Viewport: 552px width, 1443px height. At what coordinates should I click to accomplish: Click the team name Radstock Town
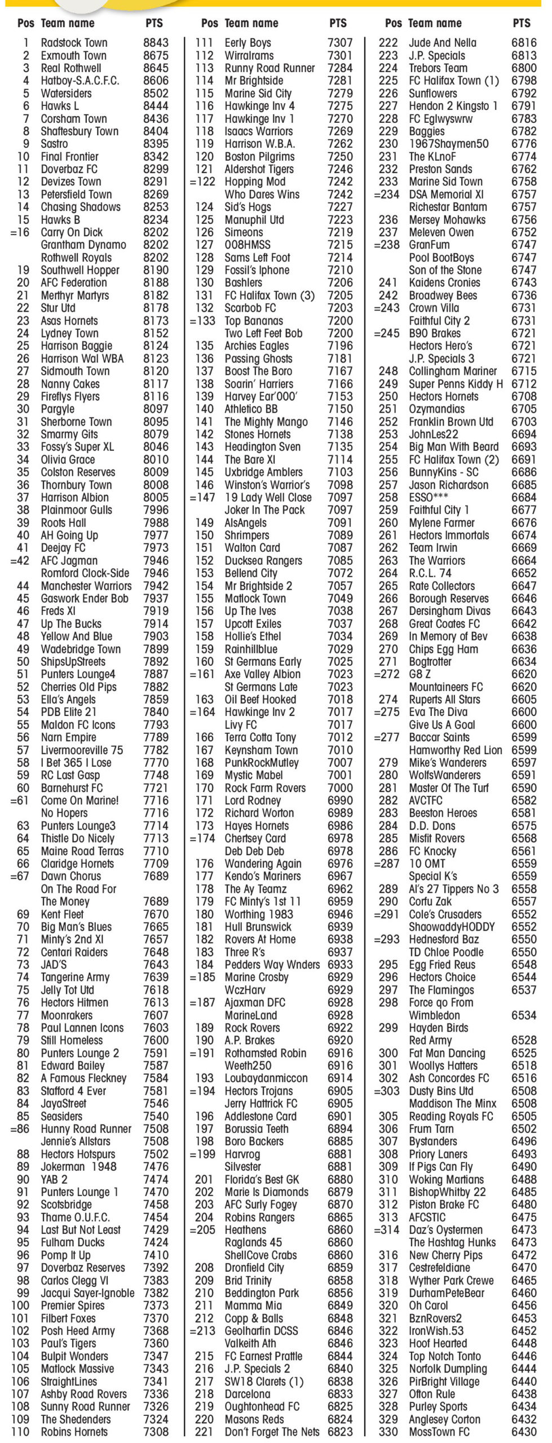tap(74, 43)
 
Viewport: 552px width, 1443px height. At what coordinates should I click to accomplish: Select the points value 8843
tap(156, 43)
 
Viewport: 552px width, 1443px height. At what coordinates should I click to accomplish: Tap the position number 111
tap(204, 43)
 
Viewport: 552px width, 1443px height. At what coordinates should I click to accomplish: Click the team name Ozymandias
tap(437, 409)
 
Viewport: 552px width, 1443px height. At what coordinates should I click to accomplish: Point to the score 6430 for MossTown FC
tap(524, 1432)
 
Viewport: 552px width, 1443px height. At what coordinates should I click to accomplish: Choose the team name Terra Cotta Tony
tap(260, 737)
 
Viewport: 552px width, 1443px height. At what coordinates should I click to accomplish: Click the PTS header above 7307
tap(338, 23)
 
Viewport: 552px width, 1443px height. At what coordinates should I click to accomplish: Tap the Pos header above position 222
tap(393, 23)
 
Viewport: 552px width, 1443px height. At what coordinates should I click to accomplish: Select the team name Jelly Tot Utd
tap(67, 990)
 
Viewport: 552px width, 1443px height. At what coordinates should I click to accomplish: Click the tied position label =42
tap(20, 561)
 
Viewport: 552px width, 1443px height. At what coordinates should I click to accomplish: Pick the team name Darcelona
tap(247, 1394)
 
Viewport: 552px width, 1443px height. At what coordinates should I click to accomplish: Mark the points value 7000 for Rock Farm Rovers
tap(340, 788)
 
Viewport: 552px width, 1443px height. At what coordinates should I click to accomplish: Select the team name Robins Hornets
tap(74, 1432)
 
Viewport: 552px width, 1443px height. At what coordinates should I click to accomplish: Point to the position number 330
tap(388, 1432)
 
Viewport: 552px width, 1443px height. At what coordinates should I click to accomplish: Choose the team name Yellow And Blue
tap(76, 636)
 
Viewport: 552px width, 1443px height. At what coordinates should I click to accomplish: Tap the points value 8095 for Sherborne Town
tap(156, 422)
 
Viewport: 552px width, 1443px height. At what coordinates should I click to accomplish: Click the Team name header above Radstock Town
tap(68, 23)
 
